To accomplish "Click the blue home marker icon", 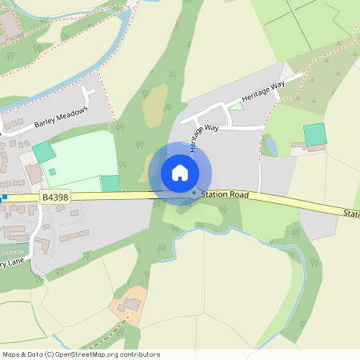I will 180,172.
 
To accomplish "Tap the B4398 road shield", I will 55,196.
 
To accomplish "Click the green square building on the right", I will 315,134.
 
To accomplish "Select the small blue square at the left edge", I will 4,196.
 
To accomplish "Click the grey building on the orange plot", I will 128,305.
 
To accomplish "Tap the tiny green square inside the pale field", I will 52,171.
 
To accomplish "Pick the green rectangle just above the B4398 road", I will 110,183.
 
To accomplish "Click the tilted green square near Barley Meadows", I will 44,151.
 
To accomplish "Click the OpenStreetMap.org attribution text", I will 104,354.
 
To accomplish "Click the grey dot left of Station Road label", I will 194,192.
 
